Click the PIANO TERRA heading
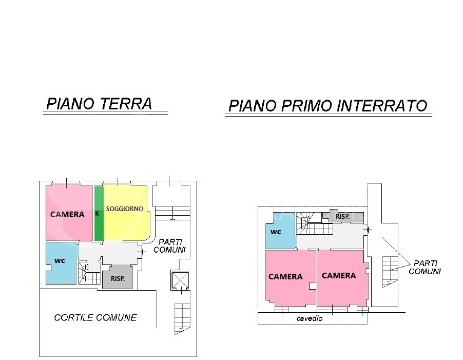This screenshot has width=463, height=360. click(x=99, y=104)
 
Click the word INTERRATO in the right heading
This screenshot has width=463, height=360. click(x=382, y=106)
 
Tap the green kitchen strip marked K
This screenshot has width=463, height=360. click(x=99, y=213)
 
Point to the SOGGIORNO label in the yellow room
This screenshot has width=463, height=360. click(x=125, y=209)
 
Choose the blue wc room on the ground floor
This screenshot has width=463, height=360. click(x=61, y=262)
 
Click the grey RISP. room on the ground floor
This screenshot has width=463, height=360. click(x=117, y=279)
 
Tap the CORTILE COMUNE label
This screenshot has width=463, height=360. click(x=95, y=317)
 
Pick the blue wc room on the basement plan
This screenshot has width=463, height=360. click(x=279, y=232)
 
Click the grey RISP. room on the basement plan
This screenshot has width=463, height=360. click(x=343, y=217)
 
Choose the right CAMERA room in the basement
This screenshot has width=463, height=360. click(x=339, y=276)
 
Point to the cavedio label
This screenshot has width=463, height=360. click(x=310, y=318)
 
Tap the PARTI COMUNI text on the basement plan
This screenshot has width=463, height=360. click(x=425, y=267)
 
